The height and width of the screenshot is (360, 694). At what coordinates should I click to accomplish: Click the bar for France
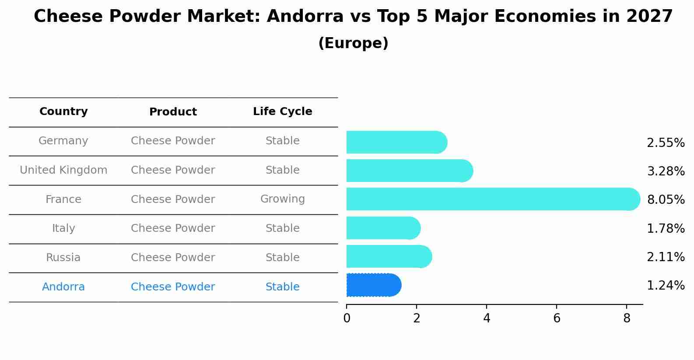[493, 199]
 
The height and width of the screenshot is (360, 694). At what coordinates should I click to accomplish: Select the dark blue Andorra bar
[374, 285]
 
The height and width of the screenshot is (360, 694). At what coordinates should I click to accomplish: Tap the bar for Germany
[397, 142]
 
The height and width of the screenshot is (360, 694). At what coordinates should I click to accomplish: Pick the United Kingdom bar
[410, 171]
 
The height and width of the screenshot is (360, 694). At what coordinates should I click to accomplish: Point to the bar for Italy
[384, 228]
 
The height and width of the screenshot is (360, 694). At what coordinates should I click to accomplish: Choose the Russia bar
[389, 256]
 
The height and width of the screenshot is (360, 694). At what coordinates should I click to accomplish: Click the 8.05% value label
[666, 199]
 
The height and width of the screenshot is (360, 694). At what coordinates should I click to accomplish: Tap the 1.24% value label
[666, 285]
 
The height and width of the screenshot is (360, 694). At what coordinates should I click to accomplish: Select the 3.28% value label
[666, 171]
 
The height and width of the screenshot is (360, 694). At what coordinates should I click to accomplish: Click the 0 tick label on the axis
[347, 318]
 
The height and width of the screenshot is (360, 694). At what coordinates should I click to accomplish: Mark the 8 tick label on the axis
[627, 318]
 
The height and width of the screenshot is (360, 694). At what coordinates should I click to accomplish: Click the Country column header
[63, 111]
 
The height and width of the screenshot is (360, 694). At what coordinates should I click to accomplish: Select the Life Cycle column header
[283, 111]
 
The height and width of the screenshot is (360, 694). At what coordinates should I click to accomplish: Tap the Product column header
[173, 112]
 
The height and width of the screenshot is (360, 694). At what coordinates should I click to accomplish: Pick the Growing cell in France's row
[283, 199]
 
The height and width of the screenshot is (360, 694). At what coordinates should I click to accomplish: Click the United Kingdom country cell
[63, 170]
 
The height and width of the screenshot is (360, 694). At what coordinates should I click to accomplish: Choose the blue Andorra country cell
[63, 287]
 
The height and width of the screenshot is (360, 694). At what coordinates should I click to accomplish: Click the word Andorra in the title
[305, 16]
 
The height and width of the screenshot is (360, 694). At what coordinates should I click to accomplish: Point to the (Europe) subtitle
[353, 43]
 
